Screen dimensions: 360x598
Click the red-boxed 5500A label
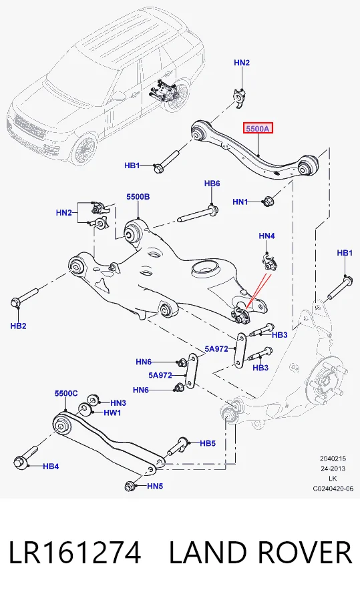click(x=258, y=129)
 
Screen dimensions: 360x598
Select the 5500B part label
click(x=138, y=197)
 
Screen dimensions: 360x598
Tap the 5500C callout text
click(x=66, y=394)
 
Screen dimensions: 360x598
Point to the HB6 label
click(x=212, y=184)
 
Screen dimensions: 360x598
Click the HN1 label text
click(x=240, y=202)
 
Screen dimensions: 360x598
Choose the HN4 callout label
click(x=266, y=236)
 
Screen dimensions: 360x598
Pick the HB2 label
click(x=18, y=326)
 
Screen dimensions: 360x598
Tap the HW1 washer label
click(x=112, y=412)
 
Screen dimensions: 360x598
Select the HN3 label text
click(x=118, y=402)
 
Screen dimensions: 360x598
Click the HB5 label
click(x=208, y=443)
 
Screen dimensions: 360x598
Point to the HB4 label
click(x=51, y=466)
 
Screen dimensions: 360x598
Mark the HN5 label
click(x=155, y=487)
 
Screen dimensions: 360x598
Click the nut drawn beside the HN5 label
click(x=130, y=487)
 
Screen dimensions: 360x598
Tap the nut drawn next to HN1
click(x=268, y=201)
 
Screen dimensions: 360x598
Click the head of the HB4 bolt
click(x=19, y=463)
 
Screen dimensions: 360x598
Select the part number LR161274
click(x=75, y=553)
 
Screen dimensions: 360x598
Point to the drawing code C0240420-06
click(x=333, y=489)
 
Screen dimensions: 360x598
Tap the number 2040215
click(x=333, y=459)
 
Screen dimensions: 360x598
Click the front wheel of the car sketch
click(x=85, y=149)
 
